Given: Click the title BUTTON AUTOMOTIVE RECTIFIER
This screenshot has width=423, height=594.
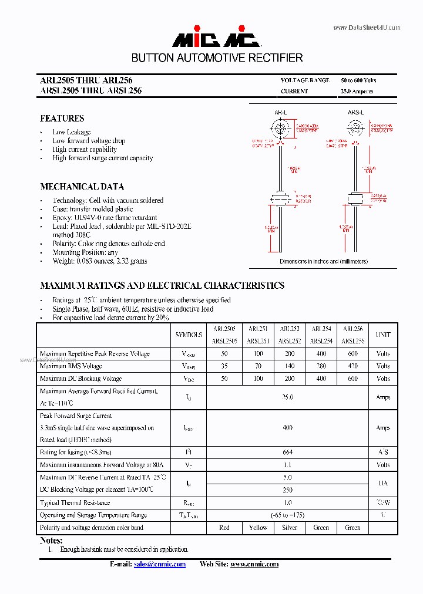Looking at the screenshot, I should click(x=217, y=58).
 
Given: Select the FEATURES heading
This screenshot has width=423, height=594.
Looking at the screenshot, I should click(x=62, y=118).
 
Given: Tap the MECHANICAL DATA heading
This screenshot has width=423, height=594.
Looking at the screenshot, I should click(x=82, y=187).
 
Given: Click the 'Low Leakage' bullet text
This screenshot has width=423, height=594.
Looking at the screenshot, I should click(x=71, y=132).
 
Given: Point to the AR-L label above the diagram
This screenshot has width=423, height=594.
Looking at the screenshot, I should click(x=280, y=112).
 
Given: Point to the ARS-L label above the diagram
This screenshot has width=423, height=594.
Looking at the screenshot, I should click(x=355, y=112).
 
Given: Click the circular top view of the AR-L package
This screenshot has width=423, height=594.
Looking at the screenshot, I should click(x=281, y=129).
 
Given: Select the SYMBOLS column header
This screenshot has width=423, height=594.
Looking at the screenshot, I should click(x=189, y=335).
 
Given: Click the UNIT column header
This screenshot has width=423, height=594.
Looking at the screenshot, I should click(x=383, y=335).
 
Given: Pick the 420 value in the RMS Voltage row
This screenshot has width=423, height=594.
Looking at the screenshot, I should click(x=352, y=366).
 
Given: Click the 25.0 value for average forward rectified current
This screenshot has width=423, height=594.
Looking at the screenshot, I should click(x=287, y=397).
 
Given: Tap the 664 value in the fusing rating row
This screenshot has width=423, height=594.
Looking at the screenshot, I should click(x=287, y=453).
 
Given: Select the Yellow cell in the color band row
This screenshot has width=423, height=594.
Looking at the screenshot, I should click(x=258, y=528).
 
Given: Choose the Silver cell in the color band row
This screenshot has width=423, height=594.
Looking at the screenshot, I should click(x=290, y=528).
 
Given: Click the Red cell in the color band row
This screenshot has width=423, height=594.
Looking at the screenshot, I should click(x=224, y=528).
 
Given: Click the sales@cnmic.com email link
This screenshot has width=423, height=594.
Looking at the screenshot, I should click(x=160, y=564).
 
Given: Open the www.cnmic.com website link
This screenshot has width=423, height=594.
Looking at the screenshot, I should click(x=254, y=564).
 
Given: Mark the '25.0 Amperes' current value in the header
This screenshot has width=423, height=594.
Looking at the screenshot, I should click(x=357, y=92).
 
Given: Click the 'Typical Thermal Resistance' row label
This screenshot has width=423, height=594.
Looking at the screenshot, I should click(x=75, y=502).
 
